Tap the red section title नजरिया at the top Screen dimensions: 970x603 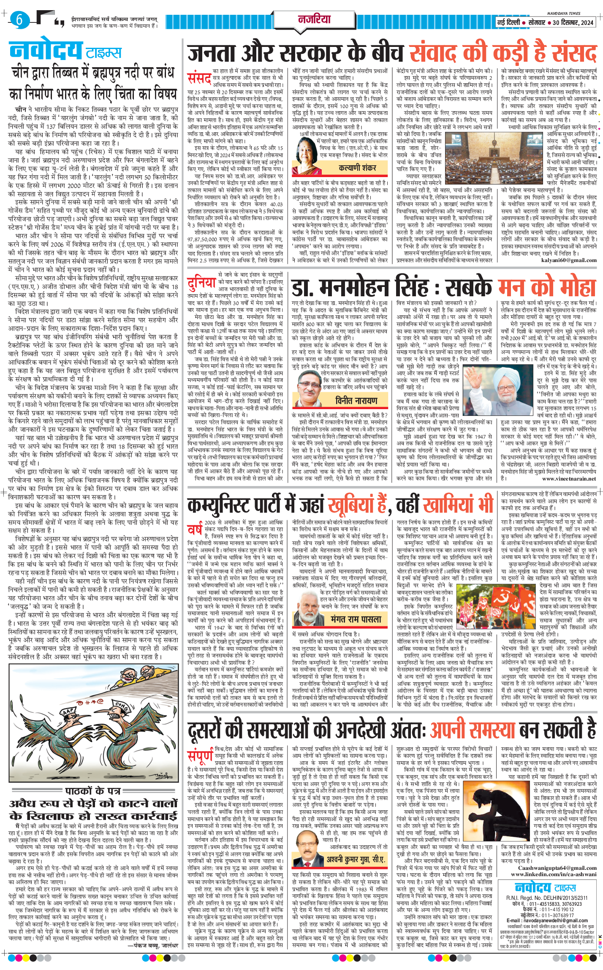point(314,19)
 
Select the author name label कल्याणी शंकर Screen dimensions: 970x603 point(357,168)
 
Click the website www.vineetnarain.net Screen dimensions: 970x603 point(569,479)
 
